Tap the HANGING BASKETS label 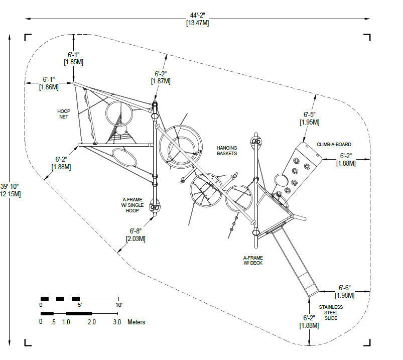(227, 151)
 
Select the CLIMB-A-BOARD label (334, 145)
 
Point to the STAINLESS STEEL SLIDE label (331, 312)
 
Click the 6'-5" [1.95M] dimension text (310, 118)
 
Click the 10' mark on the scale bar (118, 305)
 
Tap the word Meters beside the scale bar (136, 322)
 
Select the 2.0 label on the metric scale (91, 322)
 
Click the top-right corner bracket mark (368, 38)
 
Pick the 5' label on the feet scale (79, 305)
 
